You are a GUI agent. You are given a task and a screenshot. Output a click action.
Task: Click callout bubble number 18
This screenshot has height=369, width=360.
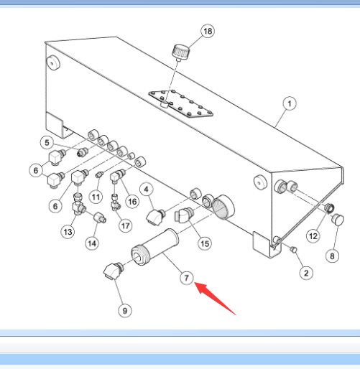pyautogui.click(x=208, y=31)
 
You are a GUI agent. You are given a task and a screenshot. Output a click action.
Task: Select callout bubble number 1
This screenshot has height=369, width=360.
pyautogui.click(x=290, y=103)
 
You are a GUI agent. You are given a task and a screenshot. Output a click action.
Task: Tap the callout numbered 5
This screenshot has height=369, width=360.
pyautogui.click(x=47, y=143)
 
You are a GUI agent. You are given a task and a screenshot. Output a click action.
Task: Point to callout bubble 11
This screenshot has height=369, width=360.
pyautogui.click(x=96, y=197)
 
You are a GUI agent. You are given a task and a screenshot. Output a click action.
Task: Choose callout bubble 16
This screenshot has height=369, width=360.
pyautogui.click(x=132, y=202)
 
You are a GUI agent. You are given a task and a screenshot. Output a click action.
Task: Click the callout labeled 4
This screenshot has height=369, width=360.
pyautogui.click(x=147, y=190)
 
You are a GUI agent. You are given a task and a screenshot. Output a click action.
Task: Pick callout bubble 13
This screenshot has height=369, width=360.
pyautogui.click(x=68, y=232)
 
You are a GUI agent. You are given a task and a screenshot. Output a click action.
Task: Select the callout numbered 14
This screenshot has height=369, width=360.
pyautogui.click(x=92, y=243)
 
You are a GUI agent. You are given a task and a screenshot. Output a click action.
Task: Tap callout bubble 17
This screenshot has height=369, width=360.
pyautogui.click(x=126, y=225)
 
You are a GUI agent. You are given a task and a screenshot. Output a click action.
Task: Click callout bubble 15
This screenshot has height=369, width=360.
pyautogui.click(x=205, y=243)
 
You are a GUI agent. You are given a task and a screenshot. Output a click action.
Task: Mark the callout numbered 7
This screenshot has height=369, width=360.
pyautogui.click(x=187, y=278)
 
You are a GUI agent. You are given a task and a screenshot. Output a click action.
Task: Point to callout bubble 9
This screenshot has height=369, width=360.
pyautogui.click(x=125, y=311)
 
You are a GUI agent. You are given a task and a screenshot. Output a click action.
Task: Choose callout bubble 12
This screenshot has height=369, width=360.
pyautogui.click(x=313, y=236)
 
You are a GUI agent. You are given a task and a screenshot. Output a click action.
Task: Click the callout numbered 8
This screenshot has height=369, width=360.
pyautogui.click(x=332, y=256)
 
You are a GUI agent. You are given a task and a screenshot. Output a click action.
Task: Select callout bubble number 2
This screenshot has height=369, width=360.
pyautogui.click(x=306, y=273)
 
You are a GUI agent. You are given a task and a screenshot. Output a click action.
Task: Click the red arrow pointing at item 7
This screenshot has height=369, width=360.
pyautogui.click(x=214, y=298)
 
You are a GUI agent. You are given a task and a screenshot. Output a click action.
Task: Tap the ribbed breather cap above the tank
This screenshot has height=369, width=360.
pyautogui.click(x=180, y=52)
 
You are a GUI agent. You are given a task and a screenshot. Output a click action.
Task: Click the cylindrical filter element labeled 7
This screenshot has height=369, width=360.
pyautogui.click(x=154, y=247)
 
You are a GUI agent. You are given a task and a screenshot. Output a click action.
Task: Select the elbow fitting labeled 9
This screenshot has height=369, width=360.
pyautogui.click(x=114, y=271)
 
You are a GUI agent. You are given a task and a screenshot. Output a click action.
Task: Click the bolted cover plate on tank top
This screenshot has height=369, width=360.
pyautogui.click(x=181, y=104)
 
